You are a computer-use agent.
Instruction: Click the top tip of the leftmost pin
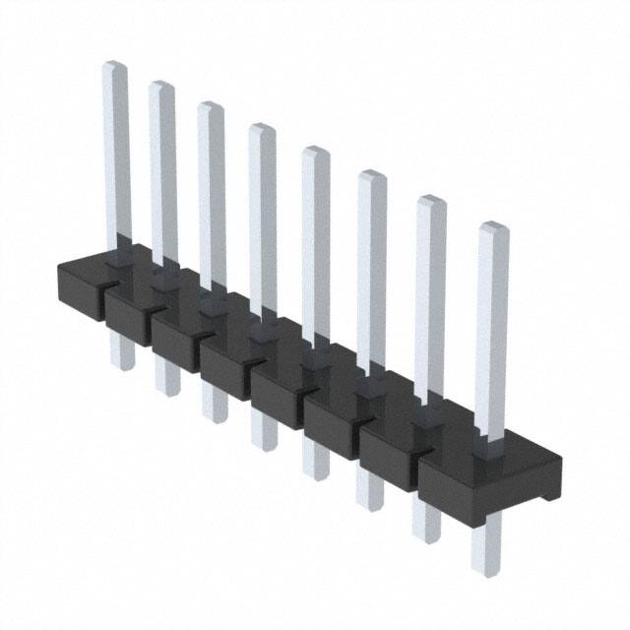[x=115, y=67]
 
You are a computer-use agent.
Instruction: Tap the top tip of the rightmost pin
[x=494, y=229]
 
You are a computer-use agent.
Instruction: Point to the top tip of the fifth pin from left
[x=315, y=152]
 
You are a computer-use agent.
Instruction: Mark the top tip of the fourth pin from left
[x=261, y=129]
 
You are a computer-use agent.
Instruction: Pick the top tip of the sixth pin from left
[x=371, y=176]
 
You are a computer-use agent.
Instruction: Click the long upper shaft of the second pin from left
[x=162, y=167]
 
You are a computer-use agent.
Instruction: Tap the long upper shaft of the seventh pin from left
[x=430, y=295]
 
